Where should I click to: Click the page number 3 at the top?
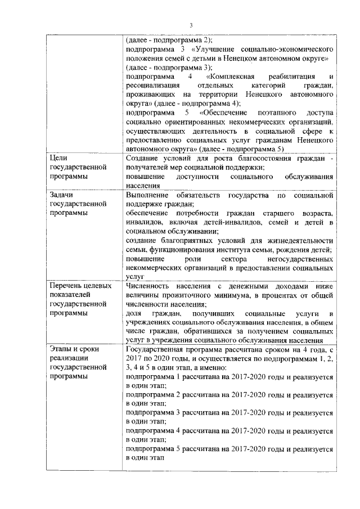click(x=191, y=25)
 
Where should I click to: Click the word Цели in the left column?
click(x=58, y=159)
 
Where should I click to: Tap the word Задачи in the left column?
click(x=62, y=195)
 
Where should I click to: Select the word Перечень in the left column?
click(x=68, y=286)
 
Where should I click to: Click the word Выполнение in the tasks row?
click(x=148, y=195)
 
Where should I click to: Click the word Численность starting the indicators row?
click(x=149, y=286)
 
